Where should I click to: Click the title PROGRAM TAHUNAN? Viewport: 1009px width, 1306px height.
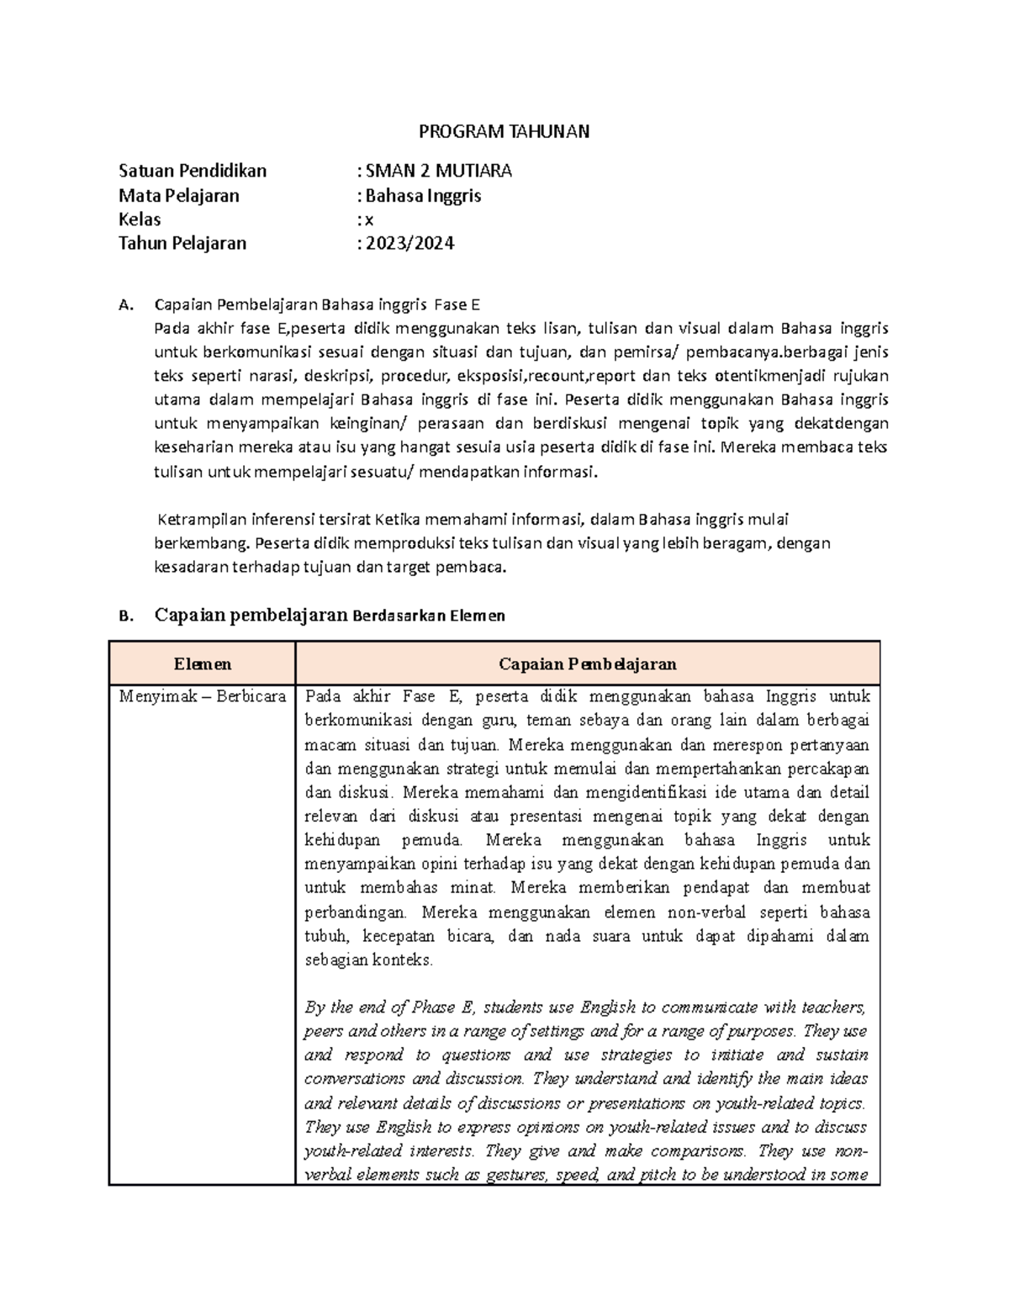coord(504,131)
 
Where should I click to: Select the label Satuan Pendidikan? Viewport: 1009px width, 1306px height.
coord(193,171)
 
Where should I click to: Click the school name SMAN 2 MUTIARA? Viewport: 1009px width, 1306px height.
coord(438,171)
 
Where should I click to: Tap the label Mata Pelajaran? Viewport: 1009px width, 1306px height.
coord(178,196)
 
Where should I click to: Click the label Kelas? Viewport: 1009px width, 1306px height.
coord(140,219)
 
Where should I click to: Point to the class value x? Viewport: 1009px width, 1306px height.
coord(368,220)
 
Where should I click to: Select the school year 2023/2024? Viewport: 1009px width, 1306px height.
coord(409,244)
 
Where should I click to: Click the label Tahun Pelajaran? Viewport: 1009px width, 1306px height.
coord(182,244)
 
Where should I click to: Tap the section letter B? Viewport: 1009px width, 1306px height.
coord(126,616)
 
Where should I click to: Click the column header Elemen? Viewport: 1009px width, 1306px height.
coord(202,664)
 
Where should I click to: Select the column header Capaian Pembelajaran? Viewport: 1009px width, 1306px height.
coord(587,664)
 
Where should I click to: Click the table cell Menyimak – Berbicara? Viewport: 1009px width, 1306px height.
coord(202,696)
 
